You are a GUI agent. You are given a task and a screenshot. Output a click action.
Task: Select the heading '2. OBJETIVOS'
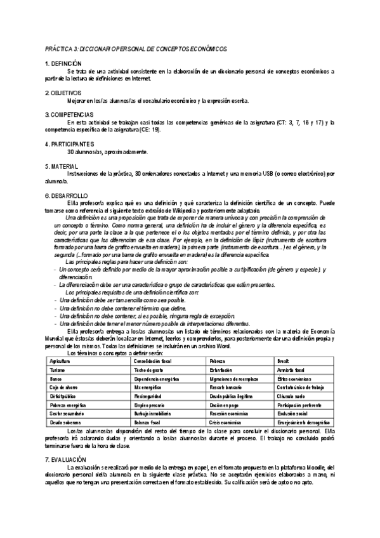pyautogui.click(x=63, y=93)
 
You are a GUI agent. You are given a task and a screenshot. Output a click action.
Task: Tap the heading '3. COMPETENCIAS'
pyautogui.click(x=69, y=114)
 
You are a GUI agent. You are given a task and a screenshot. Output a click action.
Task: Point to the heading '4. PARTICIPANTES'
pyautogui.click(x=70, y=144)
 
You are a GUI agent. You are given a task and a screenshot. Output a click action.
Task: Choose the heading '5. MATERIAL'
pyautogui.click(x=61, y=166)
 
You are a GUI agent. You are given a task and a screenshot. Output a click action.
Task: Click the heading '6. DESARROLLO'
pyautogui.click(x=67, y=195)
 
